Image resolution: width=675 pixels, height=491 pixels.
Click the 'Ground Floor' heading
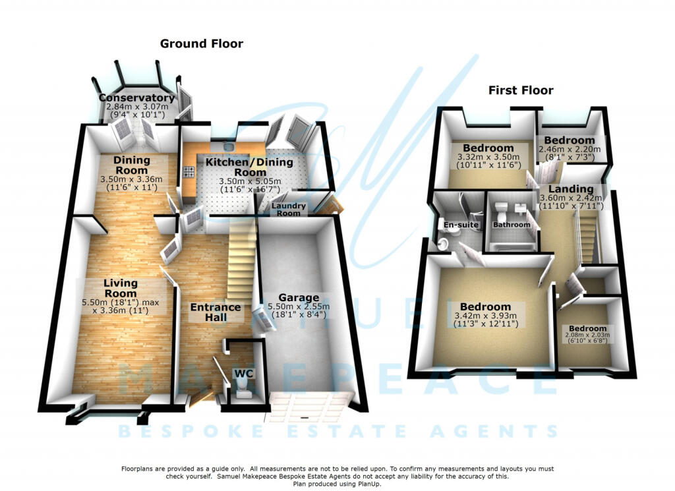[x=202, y=44]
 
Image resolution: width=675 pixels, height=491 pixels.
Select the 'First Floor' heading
[x=521, y=90]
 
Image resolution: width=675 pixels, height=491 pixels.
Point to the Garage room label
[x=303, y=298]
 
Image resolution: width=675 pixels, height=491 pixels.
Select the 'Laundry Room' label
[x=290, y=210]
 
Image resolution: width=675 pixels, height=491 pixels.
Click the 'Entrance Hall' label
[x=216, y=312]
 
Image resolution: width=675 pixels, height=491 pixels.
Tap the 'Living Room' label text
[x=120, y=289]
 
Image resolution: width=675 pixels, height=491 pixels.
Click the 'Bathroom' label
[x=512, y=225]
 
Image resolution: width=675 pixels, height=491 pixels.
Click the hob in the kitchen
[x=189, y=173]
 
